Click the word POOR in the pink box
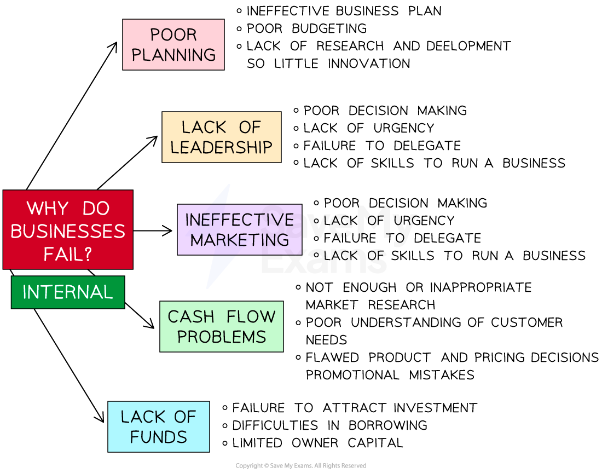click(x=173, y=34)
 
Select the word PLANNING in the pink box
click(x=173, y=55)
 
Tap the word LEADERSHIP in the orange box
click(x=221, y=147)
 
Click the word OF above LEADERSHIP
click(x=250, y=128)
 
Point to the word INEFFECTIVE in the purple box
click(x=239, y=220)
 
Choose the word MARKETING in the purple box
click(x=239, y=240)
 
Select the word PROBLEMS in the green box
click(x=222, y=337)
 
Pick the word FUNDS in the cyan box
click(x=159, y=437)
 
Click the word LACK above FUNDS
click(x=139, y=417)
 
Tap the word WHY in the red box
click(x=48, y=209)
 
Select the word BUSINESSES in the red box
click(x=68, y=231)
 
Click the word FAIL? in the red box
click(x=68, y=254)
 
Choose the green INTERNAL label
click(x=68, y=292)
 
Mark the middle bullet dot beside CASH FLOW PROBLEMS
click(x=298, y=323)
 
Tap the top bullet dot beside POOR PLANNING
click(x=239, y=10)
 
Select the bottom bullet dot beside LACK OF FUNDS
click(x=225, y=443)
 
